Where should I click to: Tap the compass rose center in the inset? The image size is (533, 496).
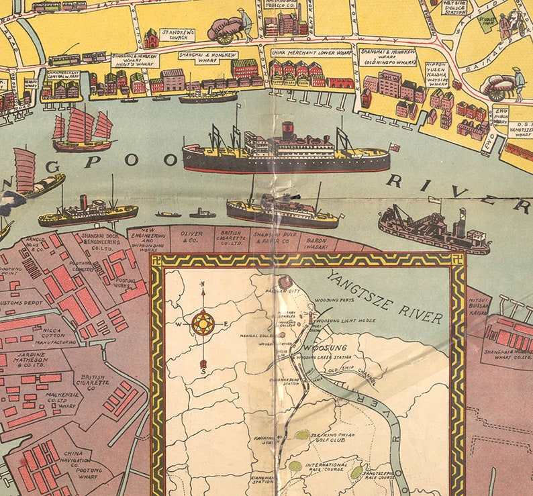pos(203,324)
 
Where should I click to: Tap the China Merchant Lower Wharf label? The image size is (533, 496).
pos(311,52)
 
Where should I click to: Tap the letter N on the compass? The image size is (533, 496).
pos(203,284)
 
